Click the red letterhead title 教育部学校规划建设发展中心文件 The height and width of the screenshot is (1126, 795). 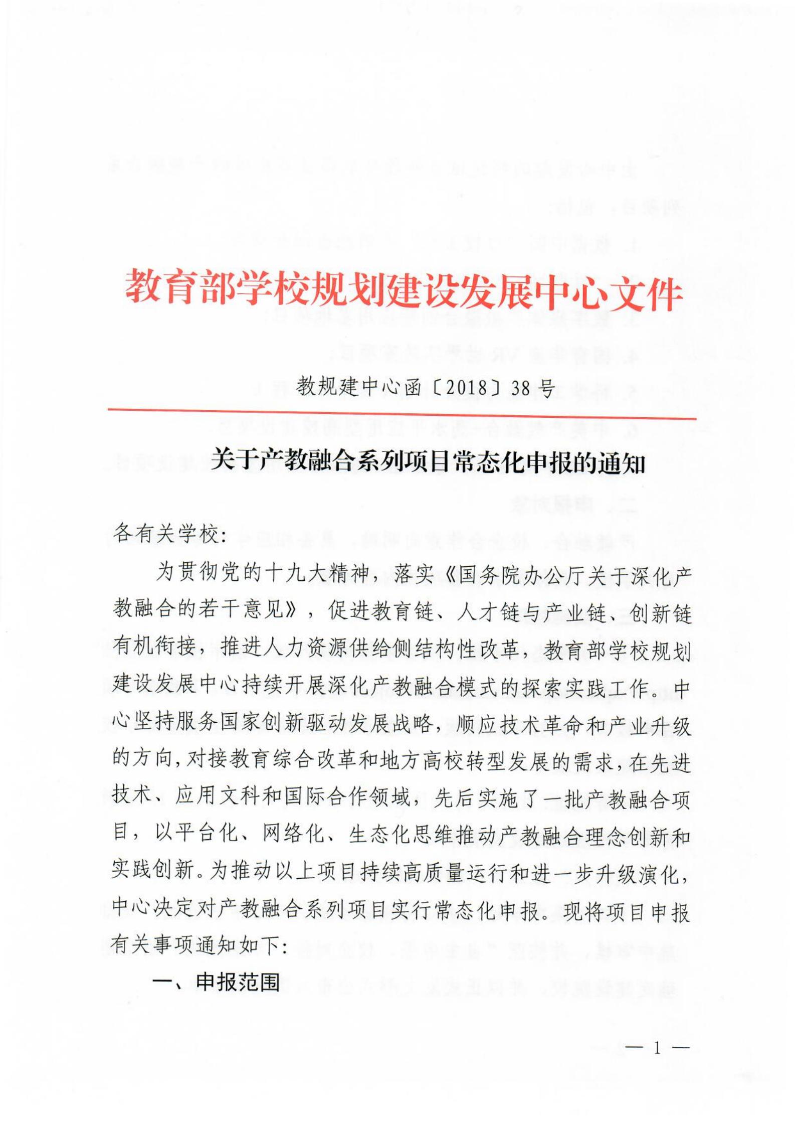pos(404,291)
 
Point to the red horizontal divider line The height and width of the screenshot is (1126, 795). pos(401,414)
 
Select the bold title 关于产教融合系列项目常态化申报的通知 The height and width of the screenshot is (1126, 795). pos(428,460)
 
